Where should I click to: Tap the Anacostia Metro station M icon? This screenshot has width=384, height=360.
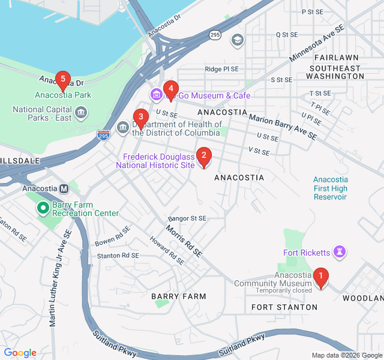(x=64, y=188)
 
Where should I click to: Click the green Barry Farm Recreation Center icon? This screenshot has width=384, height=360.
(x=43, y=208)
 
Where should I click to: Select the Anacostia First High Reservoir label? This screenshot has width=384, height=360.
(x=330, y=188)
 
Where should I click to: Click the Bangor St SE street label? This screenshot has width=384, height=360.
(x=187, y=218)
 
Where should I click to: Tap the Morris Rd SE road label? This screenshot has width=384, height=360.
(x=184, y=239)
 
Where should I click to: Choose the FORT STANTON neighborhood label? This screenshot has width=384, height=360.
(x=284, y=307)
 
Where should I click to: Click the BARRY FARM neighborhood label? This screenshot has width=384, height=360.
(x=178, y=296)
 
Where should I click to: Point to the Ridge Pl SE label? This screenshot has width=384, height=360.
(x=222, y=69)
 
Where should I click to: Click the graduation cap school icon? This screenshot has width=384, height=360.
(x=238, y=40)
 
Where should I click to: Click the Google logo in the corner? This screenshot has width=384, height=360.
(x=20, y=353)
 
